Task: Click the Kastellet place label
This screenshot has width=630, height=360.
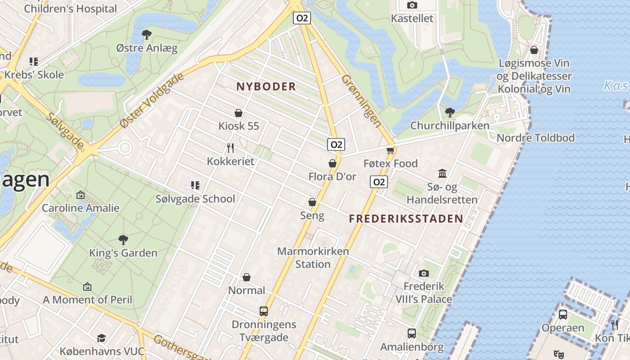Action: pyautogui.click(x=412, y=18)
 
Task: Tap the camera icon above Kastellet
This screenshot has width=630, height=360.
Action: pyautogui.click(x=412, y=5)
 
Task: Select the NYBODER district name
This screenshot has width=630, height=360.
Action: pyautogui.click(x=266, y=86)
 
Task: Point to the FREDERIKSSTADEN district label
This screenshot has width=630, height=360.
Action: pyautogui.click(x=406, y=219)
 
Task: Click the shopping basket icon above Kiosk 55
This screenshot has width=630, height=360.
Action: pyautogui.click(x=238, y=113)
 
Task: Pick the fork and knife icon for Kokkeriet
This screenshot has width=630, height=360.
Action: pyautogui.click(x=230, y=148)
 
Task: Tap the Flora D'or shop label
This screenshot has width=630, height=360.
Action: pyautogui.click(x=332, y=176)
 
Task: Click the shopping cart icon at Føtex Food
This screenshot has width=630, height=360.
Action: pyautogui.click(x=390, y=150)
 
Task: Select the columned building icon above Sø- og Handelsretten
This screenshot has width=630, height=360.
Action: pyautogui.click(x=442, y=173)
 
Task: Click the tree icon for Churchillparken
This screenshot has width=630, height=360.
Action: pyautogui.click(x=449, y=112)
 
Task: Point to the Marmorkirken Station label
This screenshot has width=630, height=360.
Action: pyautogui.click(x=313, y=257)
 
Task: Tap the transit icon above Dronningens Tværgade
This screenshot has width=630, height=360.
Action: pyautogui.click(x=264, y=311)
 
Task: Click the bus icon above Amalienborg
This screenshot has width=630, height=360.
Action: pyautogui.click(x=412, y=333)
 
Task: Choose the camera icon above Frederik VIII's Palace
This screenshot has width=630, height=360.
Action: pyautogui.click(x=423, y=273)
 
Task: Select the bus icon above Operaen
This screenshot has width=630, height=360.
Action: pyautogui.click(x=562, y=314)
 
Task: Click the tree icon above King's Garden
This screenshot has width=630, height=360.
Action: pyautogui.click(x=123, y=239)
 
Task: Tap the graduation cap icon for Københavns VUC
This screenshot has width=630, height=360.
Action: pyautogui.click(x=102, y=338)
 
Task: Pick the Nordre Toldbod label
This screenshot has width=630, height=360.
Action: pyautogui.click(x=535, y=138)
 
